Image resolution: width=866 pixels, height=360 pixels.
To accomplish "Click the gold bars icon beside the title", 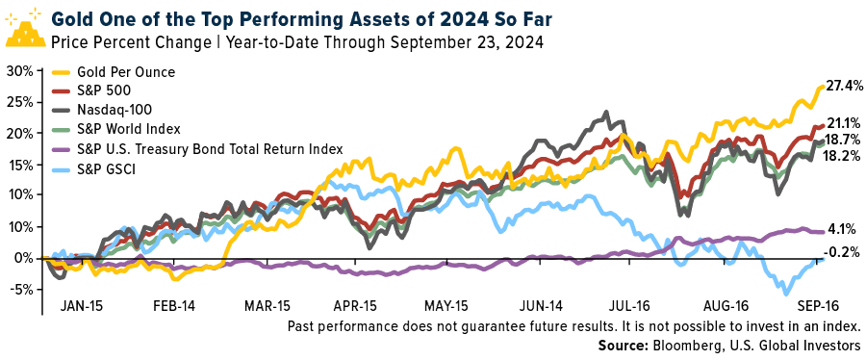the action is (x=24, y=30).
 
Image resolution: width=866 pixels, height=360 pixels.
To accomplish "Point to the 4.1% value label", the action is (x=843, y=228).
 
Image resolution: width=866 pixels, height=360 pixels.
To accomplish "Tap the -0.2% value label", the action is (x=843, y=253).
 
